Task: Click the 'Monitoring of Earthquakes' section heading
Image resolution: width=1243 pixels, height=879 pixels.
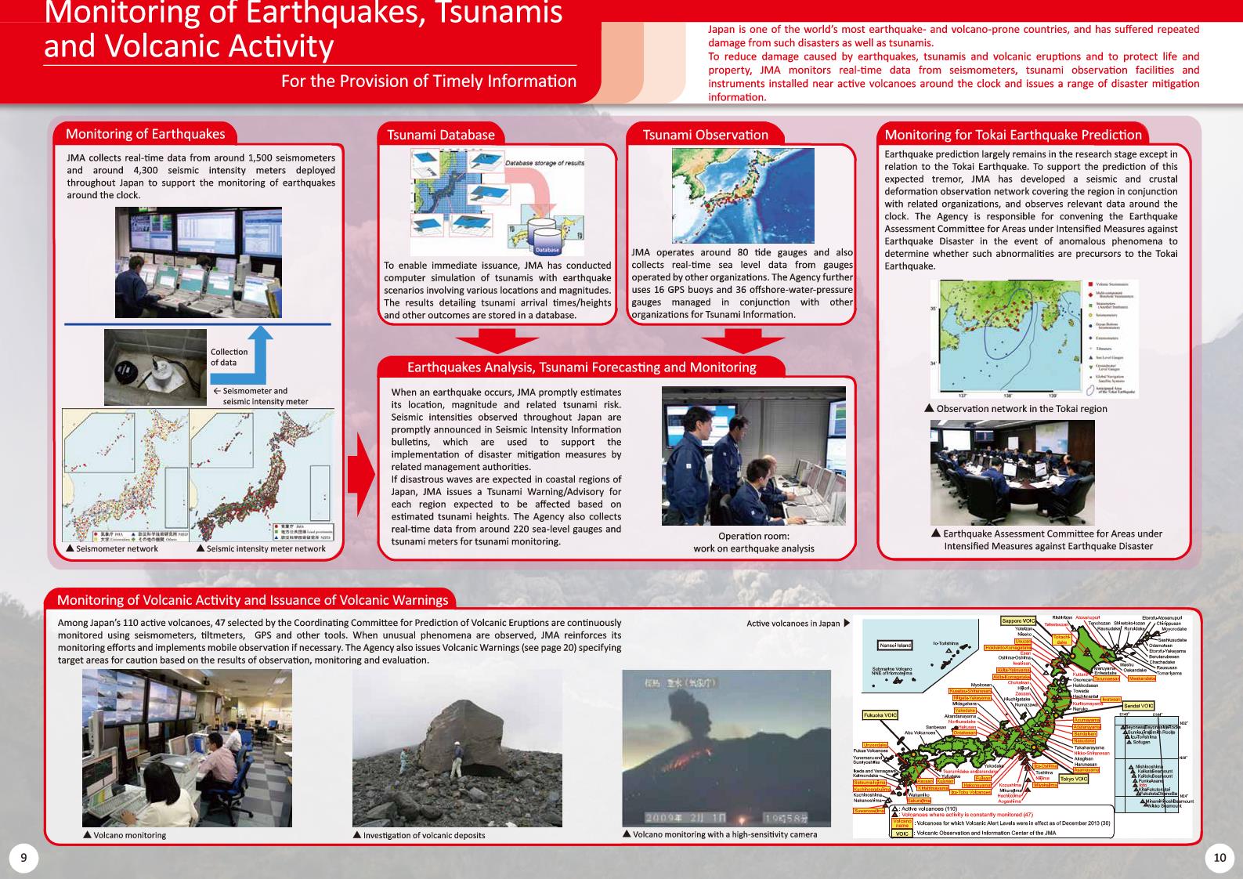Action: click(x=145, y=134)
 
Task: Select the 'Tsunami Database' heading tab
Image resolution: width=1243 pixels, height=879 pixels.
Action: click(x=441, y=135)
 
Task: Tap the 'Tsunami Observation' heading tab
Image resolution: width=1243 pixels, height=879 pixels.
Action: click(x=705, y=135)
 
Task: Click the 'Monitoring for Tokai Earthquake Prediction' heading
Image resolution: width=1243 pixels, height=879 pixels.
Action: click(x=1013, y=135)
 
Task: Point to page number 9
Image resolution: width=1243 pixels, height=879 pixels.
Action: click(x=23, y=857)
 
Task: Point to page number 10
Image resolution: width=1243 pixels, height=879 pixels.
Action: click(x=1219, y=857)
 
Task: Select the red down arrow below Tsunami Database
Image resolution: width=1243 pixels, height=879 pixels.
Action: click(x=497, y=341)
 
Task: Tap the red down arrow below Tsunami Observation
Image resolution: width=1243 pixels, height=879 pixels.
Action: click(x=743, y=341)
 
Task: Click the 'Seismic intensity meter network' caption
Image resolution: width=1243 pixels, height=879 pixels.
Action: click(x=266, y=548)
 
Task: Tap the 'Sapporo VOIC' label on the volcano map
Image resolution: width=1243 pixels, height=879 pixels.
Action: click(x=1018, y=621)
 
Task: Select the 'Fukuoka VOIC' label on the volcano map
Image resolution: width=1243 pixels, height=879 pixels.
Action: click(x=880, y=715)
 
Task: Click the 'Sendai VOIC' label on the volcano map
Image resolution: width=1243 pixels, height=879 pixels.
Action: click(x=1138, y=706)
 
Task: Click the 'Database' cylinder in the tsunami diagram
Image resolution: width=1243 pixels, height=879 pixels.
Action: click(x=547, y=239)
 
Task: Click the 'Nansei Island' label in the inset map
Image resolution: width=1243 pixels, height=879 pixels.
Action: click(x=895, y=646)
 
